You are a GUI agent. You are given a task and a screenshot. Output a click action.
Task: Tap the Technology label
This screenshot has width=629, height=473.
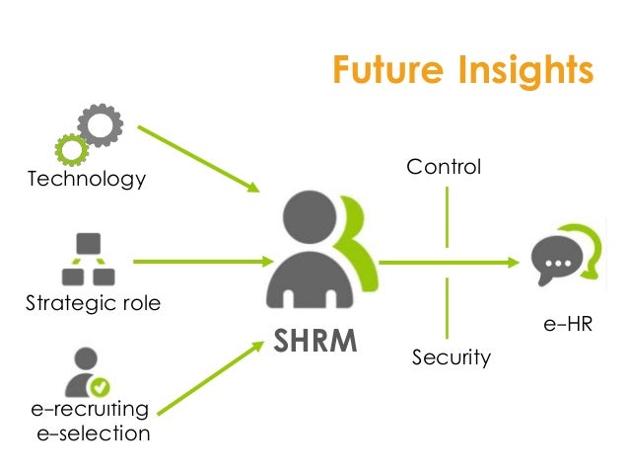(87, 179)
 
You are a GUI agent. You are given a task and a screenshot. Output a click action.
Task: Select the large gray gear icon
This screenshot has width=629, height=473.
(99, 126)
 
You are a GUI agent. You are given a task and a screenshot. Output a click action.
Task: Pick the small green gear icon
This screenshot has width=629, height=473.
(70, 150)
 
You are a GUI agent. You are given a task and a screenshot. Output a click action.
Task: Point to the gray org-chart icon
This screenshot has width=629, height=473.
(89, 259)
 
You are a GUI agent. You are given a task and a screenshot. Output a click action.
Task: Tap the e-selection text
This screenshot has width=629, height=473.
(93, 433)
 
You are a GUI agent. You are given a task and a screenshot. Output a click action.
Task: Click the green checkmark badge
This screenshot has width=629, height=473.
(100, 387)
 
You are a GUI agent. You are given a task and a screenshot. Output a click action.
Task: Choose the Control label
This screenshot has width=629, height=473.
(444, 167)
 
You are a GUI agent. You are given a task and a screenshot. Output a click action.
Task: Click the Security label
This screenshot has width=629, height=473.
(451, 356)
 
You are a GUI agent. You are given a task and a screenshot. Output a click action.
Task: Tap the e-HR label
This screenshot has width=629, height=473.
(568, 323)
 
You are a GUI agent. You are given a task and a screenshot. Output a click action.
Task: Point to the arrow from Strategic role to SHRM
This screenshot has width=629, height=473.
(202, 262)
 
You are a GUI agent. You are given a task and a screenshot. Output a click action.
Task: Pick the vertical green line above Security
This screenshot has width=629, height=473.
(447, 307)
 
